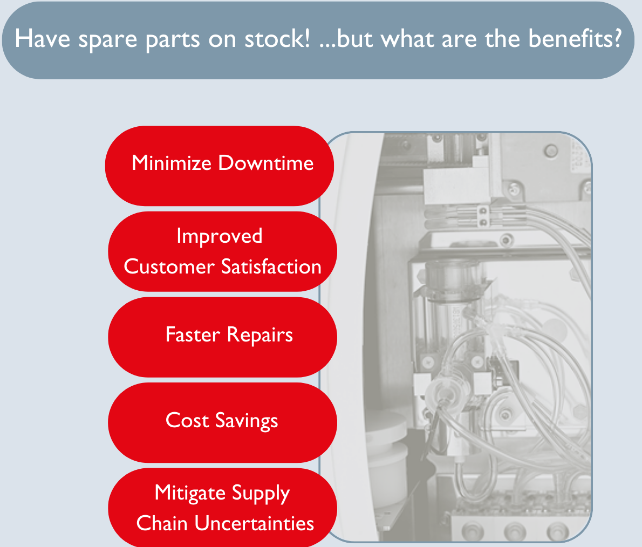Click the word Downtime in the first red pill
coord(266,163)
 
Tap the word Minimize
coord(172,163)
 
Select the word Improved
coord(220,237)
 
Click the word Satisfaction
coord(271,266)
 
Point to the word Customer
coord(169,266)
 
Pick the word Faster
coord(193,334)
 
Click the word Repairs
coord(260,336)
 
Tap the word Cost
coord(187,420)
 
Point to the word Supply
coord(261,494)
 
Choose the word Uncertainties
coord(254,524)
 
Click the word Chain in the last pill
coord(162,524)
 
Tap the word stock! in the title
coord(278,39)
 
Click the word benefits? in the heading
coord(575,39)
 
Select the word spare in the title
coord(108,40)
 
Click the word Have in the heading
coord(43,39)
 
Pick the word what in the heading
coord(407,39)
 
